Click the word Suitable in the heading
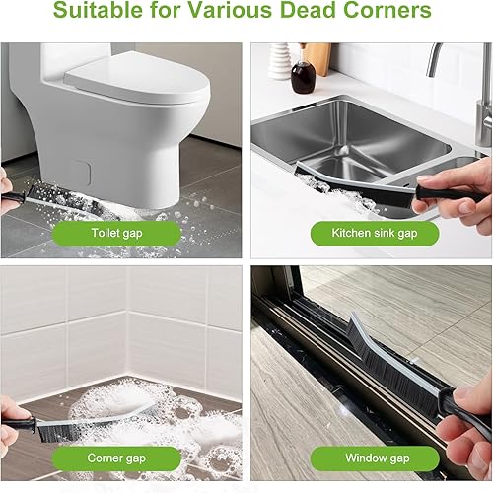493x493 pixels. pos(98,10)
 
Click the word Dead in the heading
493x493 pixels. pos(307,10)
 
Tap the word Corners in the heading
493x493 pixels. pos(387,10)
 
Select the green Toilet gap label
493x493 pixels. pos(116,233)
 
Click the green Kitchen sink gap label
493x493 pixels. pos(375,233)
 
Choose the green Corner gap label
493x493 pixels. pos(116,458)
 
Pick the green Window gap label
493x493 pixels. pos(375,458)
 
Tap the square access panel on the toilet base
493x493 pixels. pos(81,172)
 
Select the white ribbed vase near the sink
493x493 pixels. pos(279,61)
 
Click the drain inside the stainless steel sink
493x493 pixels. pos(343,150)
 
